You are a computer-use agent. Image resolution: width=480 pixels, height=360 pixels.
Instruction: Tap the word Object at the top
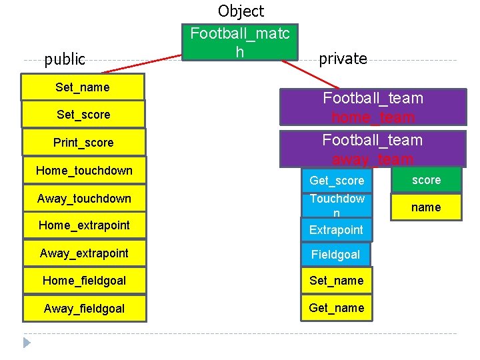click(241, 11)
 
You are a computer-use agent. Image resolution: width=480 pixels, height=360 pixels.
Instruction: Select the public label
click(65, 59)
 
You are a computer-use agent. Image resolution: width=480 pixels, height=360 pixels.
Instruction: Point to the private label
click(343, 59)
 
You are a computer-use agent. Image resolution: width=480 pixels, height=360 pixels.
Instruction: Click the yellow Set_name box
click(83, 87)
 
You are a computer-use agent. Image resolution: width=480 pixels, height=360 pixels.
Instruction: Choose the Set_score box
click(83, 115)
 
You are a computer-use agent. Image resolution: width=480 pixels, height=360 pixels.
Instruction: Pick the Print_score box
click(83, 143)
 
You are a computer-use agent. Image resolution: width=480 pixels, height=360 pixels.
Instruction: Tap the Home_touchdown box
click(84, 171)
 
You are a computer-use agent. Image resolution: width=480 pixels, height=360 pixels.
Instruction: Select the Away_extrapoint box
click(84, 253)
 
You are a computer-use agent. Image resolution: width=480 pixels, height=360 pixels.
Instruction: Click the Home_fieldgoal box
click(84, 281)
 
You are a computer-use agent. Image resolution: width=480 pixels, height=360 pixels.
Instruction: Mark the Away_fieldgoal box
click(84, 309)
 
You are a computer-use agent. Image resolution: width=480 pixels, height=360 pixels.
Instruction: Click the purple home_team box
click(373, 107)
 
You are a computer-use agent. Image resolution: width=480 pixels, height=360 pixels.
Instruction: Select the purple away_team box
click(373, 149)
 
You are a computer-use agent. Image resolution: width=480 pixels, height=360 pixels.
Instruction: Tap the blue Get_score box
click(337, 181)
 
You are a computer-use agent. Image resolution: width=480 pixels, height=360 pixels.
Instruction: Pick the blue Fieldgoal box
click(335, 254)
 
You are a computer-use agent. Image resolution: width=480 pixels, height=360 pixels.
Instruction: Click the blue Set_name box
click(337, 281)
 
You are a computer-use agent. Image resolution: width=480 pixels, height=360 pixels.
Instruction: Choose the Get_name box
click(337, 308)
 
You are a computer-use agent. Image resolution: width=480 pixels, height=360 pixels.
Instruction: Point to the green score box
click(426, 180)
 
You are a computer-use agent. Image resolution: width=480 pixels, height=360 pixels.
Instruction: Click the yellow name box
click(426, 207)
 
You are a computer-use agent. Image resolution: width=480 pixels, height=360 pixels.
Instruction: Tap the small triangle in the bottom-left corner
click(27, 343)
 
